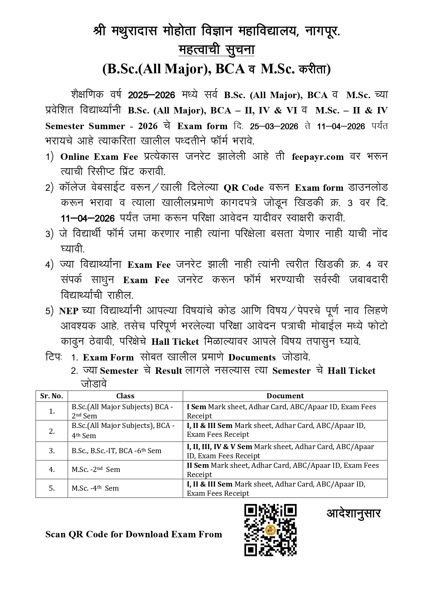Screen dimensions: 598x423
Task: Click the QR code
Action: pos(270,530)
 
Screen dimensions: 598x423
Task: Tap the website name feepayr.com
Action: pos(318,157)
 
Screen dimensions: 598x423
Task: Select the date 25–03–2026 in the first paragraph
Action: pos(274,126)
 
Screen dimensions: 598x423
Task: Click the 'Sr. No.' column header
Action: pos(52,396)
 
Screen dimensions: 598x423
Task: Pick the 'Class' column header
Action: pos(125,396)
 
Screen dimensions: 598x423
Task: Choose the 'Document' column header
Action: pos(285,396)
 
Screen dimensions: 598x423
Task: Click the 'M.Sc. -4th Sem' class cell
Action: pos(95,488)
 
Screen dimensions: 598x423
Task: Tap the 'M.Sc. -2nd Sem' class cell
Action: pos(96,470)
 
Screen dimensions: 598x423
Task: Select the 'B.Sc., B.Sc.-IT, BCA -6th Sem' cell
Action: pos(116,451)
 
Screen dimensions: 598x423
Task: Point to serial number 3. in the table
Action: pos(52,451)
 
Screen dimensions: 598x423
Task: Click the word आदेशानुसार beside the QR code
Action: pos(353,513)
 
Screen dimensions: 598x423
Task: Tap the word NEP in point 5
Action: pos(69,311)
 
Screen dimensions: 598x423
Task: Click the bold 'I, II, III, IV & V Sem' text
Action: pos(220,447)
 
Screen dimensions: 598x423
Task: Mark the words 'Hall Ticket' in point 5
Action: pos(175,342)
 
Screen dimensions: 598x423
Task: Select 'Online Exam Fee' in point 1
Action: pos(99,157)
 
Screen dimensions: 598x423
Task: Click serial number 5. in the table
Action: pos(52,488)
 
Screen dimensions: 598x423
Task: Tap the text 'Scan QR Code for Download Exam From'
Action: pos(134,534)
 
